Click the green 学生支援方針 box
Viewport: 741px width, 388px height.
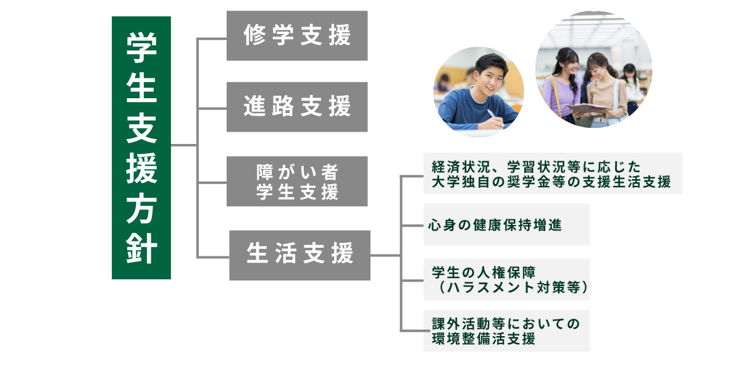(141, 148)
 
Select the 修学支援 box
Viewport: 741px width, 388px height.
(297, 36)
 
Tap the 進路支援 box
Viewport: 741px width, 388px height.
(297, 107)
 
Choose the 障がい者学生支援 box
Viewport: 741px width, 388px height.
(297, 181)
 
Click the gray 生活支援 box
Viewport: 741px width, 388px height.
(299, 255)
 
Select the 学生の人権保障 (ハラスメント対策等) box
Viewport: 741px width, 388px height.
(506, 280)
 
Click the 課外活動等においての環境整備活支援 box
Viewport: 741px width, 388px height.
(506, 331)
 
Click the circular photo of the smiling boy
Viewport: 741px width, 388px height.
(479, 91)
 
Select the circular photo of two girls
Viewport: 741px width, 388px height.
(593, 69)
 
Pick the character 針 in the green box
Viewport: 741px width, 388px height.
(141, 249)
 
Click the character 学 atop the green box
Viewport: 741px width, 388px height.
(141, 46)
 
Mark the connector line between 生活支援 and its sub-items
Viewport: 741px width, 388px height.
(386, 255)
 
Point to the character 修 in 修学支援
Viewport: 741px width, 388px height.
(254, 36)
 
